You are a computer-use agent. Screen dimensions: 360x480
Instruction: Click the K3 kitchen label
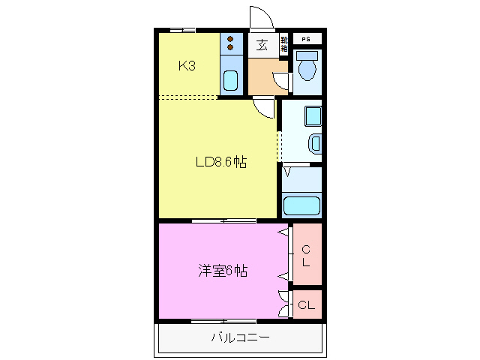[x=187, y=66]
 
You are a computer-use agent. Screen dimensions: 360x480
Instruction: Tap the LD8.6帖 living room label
[x=221, y=161]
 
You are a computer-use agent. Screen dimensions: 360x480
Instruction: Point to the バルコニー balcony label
[x=240, y=337]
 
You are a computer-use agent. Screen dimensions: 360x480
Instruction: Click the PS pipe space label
[x=306, y=39]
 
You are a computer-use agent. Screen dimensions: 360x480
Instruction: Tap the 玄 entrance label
[x=262, y=45]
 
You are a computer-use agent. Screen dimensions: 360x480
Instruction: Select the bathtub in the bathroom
[x=301, y=205]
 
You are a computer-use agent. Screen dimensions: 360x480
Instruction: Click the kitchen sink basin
[x=231, y=79]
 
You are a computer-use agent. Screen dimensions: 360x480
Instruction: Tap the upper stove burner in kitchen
[x=231, y=39]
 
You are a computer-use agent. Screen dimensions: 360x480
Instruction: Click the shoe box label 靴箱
[x=284, y=44]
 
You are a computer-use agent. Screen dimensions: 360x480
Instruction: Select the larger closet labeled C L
[x=306, y=256]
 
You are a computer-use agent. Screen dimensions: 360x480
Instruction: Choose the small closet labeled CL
[x=306, y=305]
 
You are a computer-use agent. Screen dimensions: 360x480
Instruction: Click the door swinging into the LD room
[x=262, y=107]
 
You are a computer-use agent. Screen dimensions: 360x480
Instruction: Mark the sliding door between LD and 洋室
[x=223, y=220]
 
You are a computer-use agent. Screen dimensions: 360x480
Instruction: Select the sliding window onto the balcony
[x=223, y=321]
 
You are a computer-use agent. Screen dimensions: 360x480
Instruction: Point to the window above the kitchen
[x=182, y=30]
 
